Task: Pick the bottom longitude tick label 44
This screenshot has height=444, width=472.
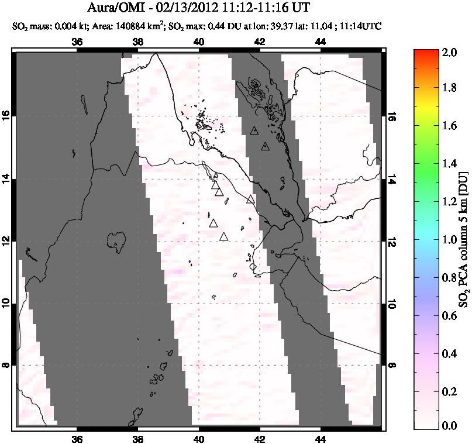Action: pos(321,440)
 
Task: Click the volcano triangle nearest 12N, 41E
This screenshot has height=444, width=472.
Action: pos(223,237)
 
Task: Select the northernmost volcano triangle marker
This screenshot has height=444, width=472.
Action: pos(254,130)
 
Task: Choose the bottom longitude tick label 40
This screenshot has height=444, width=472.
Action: pos(199,440)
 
